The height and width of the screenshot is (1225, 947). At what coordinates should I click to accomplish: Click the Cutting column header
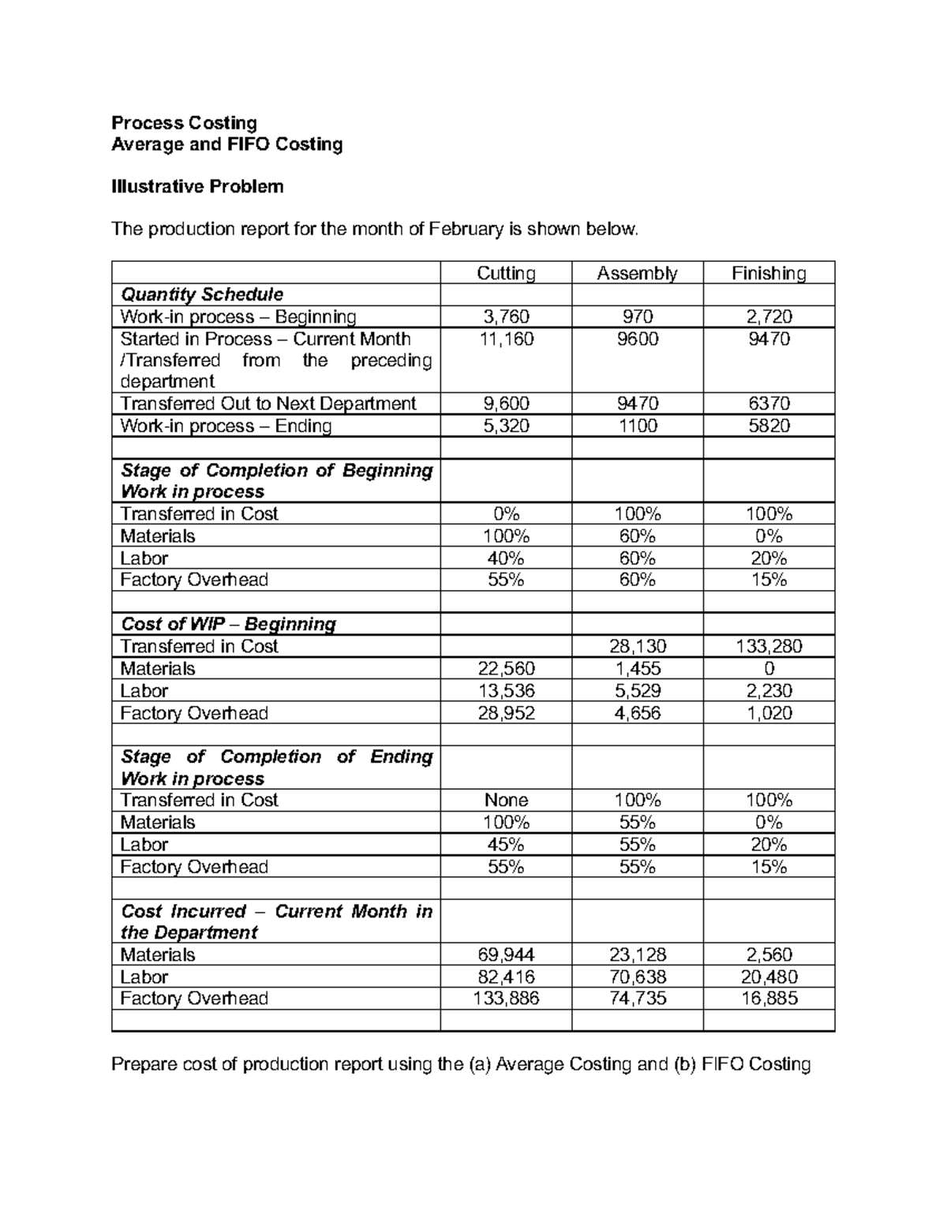[506, 273]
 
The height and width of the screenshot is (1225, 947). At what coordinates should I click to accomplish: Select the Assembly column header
[637, 273]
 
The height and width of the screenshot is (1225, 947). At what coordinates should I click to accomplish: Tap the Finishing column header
[769, 273]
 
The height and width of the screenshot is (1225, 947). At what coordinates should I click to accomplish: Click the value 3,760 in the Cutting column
[506, 317]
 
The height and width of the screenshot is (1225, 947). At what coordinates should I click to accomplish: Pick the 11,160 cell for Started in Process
[506, 339]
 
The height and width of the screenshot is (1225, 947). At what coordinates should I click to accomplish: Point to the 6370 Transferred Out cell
[769, 404]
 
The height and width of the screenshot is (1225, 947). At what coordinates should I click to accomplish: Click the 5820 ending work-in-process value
[769, 426]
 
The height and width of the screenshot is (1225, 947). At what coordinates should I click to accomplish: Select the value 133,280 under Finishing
[769, 647]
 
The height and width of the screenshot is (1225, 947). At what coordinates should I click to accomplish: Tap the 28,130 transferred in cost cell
[637, 647]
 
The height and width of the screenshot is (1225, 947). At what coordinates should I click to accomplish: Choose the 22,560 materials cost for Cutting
[506, 669]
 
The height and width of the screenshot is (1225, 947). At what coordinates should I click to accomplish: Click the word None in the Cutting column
[506, 801]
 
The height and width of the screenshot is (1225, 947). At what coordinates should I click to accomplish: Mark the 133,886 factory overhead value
[506, 999]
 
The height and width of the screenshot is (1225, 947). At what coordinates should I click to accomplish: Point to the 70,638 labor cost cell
[637, 977]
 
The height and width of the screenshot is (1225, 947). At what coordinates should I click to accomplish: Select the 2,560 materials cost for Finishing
[769, 954]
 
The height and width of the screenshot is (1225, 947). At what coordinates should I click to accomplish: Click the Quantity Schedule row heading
[201, 295]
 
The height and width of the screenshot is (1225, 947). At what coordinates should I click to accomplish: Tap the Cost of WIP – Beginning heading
[228, 624]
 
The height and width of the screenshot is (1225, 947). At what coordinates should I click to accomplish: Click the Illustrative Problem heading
[197, 187]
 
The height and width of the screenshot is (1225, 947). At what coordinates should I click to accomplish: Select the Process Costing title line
[184, 122]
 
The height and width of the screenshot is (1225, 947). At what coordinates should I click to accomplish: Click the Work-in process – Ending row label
[226, 426]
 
